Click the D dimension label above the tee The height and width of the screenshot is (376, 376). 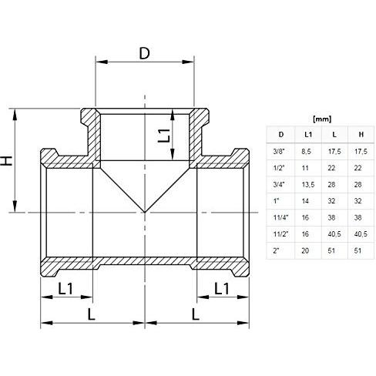[x=144, y=54]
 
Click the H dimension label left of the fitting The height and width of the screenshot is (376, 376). [x=7, y=161]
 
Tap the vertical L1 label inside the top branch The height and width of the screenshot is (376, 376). [x=163, y=137]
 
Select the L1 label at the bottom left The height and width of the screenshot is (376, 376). [x=67, y=289]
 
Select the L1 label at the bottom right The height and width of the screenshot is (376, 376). [x=220, y=289]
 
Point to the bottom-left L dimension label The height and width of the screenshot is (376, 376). [x=92, y=315]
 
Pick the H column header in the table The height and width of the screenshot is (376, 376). [x=360, y=135]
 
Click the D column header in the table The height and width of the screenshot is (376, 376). [x=280, y=135]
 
